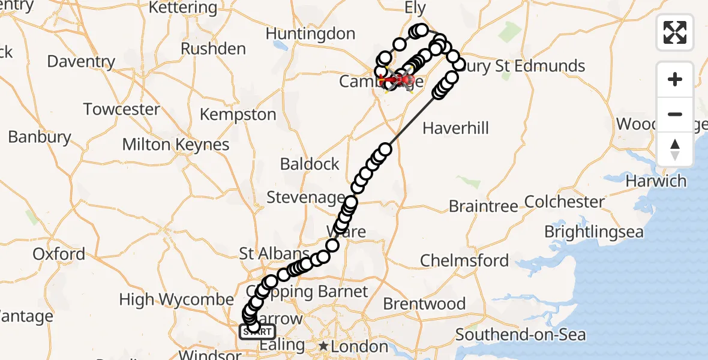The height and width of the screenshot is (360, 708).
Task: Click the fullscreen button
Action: tap(675, 32)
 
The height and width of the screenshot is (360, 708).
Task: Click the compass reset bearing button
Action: tap(675, 149)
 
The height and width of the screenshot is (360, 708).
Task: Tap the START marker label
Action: tap(258, 332)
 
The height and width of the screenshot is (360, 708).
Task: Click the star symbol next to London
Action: tap(324, 346)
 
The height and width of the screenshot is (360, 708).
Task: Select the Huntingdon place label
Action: tap(310, 34)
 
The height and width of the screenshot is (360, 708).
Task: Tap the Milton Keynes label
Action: tap(176, 145)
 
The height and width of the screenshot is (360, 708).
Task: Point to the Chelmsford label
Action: tap(464, 260)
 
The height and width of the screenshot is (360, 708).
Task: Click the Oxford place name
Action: tap(59, 254)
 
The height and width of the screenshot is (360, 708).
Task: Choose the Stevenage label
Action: tap(305, 197)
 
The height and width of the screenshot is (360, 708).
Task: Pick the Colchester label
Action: tap(565, 202)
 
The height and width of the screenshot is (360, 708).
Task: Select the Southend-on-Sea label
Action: tap(521, 334)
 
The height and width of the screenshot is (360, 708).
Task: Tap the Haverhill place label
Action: tap(456, 128)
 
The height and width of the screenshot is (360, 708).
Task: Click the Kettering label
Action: tap(182, 8)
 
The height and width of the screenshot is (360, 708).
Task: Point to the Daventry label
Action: tap(81, 62)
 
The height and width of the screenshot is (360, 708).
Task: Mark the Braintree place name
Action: tap(483, 206)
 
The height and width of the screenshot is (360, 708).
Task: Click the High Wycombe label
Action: tap(176, 299)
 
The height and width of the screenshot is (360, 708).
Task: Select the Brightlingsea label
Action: tap(593, 232)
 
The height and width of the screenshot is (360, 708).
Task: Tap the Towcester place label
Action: tap(122, 110)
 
